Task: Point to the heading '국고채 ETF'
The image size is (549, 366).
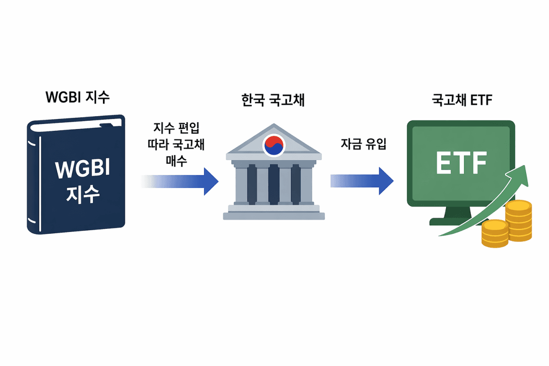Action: [461, 100]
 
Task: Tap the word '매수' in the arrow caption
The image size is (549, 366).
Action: [176, 161]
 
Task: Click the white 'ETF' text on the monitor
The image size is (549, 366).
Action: [461, 162]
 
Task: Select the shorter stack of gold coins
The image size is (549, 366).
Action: [494, 234]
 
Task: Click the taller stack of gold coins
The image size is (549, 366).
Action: [518, 221]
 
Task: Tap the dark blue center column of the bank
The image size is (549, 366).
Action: [274, 183]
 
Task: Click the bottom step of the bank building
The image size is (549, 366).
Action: [274, 215]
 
